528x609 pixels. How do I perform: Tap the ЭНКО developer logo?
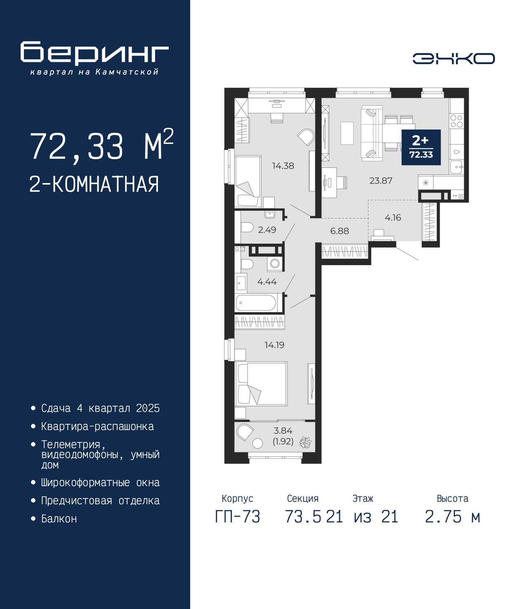pyautogui.click(x=453, y=58)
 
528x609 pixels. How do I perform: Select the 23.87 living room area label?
pyautogui.click(x=381, y=180)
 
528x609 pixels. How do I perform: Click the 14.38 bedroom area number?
pyautogui.click(x=283, y=166)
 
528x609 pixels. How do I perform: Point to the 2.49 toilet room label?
pyautogui.click(x=267, y=230)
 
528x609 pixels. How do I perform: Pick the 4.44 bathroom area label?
pyautogui.click(x=267, y=282)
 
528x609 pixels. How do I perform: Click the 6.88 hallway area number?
pyautogui.click(x=339, y=231)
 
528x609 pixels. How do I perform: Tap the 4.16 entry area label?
pyautogui.click(x=393, y=217)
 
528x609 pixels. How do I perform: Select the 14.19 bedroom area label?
pyautogui.click(x=274, y=345)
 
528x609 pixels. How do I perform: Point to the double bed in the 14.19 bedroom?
pyautogui.click(x=261, y=383)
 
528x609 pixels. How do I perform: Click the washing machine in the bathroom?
pyautogui.click(x=275, y=263)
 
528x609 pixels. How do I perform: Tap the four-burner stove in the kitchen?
pyautogui.click(x=456, y=121)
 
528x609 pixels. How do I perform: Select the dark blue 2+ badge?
pyautogui.click(x=421, y=147)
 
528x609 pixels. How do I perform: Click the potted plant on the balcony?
pyautogui.click(x=305, y=442)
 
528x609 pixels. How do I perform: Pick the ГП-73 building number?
pyautogui.click(x=237, y=517)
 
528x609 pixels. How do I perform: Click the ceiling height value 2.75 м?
pyautogui.click(x=453, y=517)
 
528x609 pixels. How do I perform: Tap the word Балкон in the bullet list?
pyautogui.click(x=59, y=518)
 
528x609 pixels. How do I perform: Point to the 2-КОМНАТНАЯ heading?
pyautogui.click(x=94, y=184)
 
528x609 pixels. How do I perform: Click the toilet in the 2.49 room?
pyautogui.click(x=247, y=228)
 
